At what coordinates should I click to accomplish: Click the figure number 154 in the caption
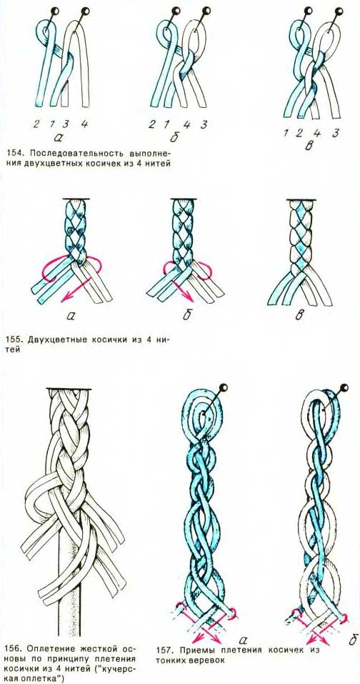(x=14, y=154)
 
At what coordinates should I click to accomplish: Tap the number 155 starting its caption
(x=14, y=339)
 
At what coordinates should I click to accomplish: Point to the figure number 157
(x=163, y=650)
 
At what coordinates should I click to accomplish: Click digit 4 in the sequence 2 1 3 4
(x=84, y=124)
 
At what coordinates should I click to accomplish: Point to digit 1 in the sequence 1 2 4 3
(x=286, y=134)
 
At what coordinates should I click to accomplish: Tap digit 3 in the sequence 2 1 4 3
(x=203, y=124)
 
